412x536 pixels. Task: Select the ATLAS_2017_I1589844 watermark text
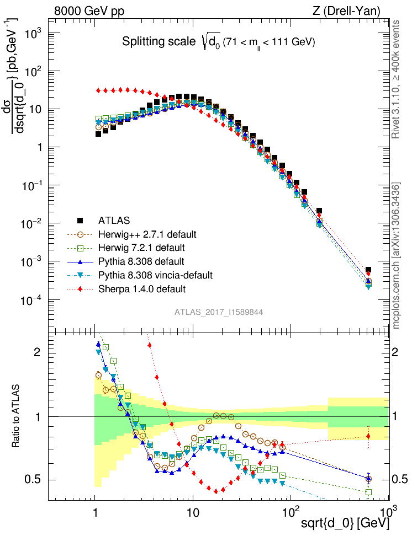[219, 312]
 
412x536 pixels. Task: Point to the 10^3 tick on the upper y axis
[34, 34]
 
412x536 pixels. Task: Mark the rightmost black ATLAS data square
[368, 270]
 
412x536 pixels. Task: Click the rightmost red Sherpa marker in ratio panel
[368, 436]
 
